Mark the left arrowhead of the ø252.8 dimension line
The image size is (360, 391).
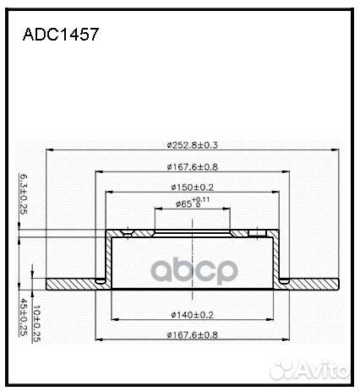pos(49,152)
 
